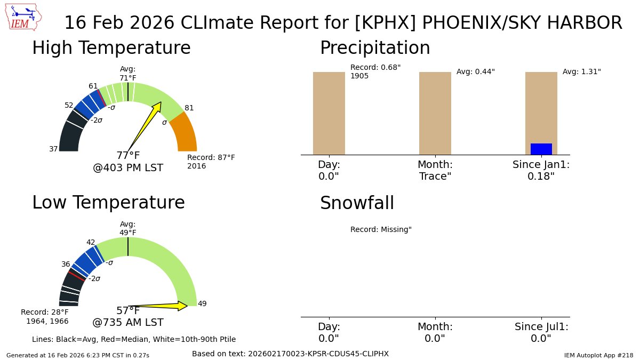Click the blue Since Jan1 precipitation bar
(541, 149)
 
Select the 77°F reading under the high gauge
(128, 156)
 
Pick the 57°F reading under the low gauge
(128, 311)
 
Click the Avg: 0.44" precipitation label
(475, 71)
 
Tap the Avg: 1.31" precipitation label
(581, 71)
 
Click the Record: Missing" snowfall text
(381, 229)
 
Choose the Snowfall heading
(357, 203)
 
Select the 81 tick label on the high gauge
(189, 108)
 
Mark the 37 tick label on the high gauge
(53, 149)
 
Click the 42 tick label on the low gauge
(91, 242)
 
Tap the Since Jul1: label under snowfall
(541, 326)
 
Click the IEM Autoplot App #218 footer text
(598, 355)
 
